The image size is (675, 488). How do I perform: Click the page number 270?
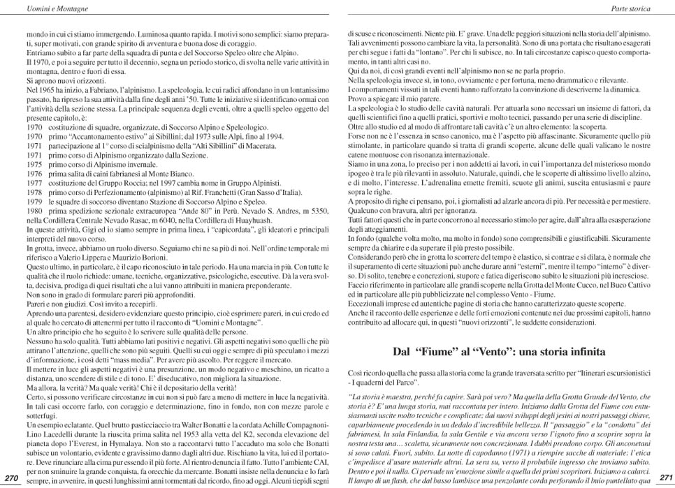11,477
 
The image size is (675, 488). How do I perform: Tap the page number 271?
665,477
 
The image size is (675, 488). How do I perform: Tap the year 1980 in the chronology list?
34,210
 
